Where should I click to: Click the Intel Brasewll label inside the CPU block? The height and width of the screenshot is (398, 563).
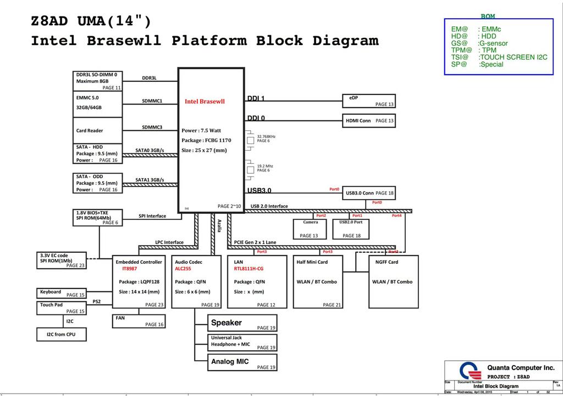pyautogui.click(x=205, y=102)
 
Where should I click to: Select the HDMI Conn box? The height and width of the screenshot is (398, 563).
pyautogui.click(x=368, y=120)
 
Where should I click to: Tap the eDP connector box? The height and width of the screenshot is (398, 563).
pyautogui.click(x=368, y=101)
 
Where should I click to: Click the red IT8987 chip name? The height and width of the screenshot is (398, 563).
pyautogui.click(x=129, y=269)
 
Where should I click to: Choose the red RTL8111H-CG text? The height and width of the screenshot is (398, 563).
pyautogui.click(x=249, y=269)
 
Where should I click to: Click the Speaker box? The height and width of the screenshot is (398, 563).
pyautogui.click(x=242, y=323)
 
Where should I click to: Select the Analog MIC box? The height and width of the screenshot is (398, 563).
pyautogui.click(x=242, y=362)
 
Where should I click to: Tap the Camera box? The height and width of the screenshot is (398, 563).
pyautogui.click(x=310, y=229)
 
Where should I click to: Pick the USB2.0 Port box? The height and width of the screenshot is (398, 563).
pyautogui.click(x=351, y=229)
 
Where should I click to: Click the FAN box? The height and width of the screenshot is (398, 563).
pyautogui.click(x=139, y=321)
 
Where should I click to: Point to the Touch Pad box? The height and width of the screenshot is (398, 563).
pyautogui.click(x=62, y=308)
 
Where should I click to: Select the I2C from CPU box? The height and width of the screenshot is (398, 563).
pyautogui.click(x=61, y=334)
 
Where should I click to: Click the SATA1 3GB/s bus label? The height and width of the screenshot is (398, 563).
pyautogui.click(x=150, y=180)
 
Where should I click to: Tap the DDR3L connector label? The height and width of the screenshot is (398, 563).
pyautogui.click(x=149, y=78)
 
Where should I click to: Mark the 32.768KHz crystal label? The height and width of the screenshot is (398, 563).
pyautogui.click(x=266, y=136)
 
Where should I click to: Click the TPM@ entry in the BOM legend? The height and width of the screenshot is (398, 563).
pyautogui.click(x=462, y=51)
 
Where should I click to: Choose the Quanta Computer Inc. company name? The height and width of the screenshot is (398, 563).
pyautogui.click(x=521, y=368)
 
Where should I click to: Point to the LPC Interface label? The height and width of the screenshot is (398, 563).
pyautogui.click(x=169, y=242)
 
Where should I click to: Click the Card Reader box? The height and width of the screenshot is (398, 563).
pyautogui.click(x=97, y=131)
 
